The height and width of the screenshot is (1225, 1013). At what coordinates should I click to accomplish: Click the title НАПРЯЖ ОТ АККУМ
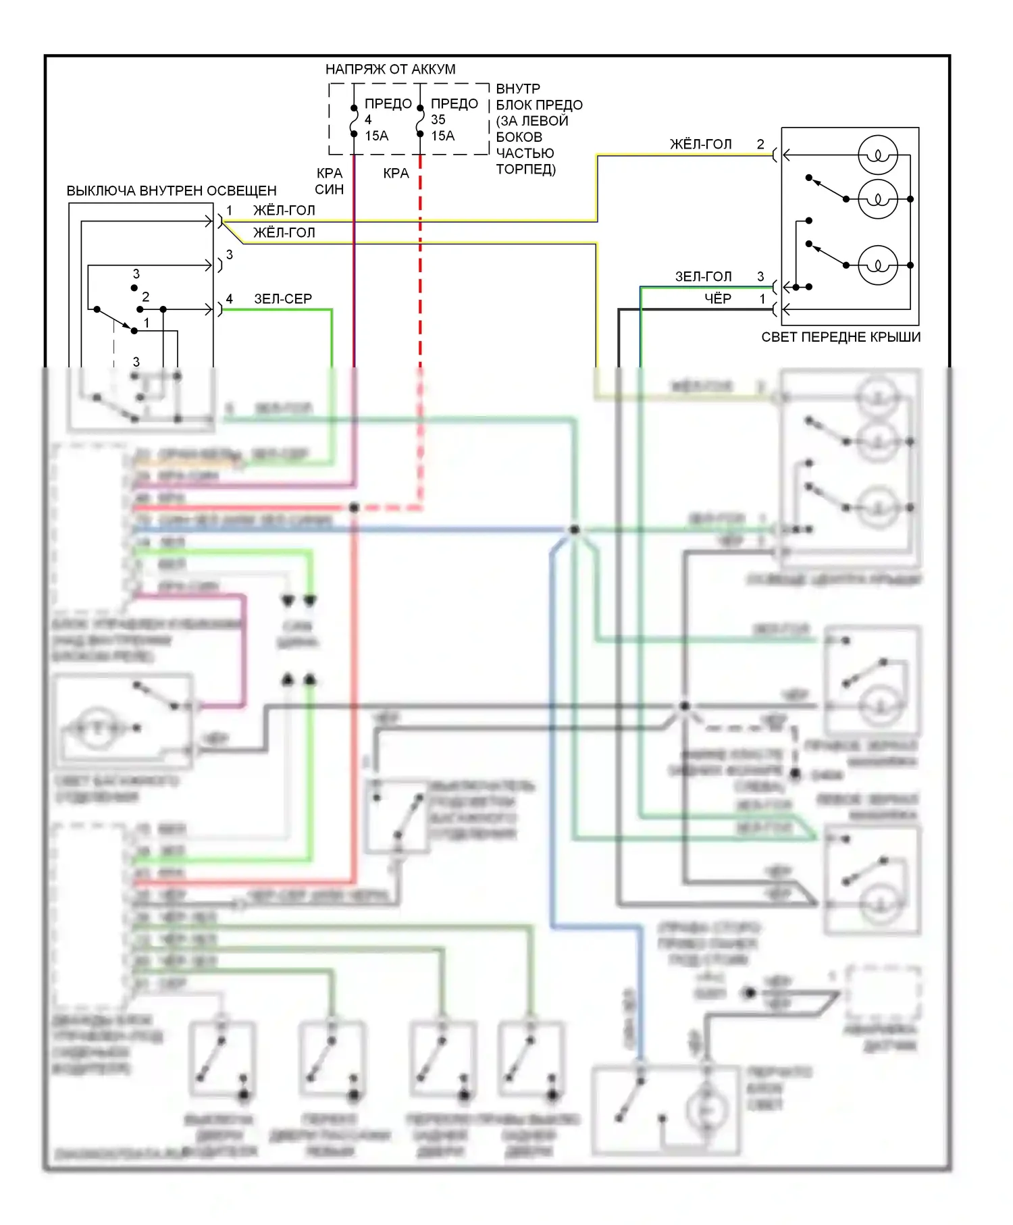click(390, 69)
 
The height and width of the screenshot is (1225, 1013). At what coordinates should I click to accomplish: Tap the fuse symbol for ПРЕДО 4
click(354, 121)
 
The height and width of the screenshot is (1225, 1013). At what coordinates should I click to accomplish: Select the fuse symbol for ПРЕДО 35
click(420, 121)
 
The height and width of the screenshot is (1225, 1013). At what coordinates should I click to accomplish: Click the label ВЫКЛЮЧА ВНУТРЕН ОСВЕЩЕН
click(172, 191)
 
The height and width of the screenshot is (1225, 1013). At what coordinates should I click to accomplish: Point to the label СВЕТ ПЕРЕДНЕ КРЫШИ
click(841, 337)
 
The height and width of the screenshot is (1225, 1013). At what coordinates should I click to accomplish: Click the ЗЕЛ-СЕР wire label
click(283, 298)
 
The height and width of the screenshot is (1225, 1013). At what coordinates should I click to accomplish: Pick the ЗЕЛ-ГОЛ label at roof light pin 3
click(703, 277)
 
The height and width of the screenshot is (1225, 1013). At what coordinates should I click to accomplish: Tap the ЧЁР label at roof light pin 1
click(717, 298)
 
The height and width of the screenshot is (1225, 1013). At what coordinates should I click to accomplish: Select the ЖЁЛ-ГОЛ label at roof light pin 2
click(700, 144)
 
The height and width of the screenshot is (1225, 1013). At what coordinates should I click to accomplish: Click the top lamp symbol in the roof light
click(877, 155)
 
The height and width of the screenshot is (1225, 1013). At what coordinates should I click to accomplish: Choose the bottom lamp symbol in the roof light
click(877, 265)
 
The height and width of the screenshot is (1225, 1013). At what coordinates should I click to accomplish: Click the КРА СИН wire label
click(330, 181)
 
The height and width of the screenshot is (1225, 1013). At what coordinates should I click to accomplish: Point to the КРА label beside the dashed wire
click(396, 174)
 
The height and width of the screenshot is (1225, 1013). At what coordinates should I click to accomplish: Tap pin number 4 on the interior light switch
click(230, 298)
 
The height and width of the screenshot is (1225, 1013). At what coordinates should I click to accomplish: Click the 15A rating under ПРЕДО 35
click(443, 136)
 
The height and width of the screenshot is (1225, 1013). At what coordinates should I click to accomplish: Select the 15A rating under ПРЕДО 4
click(377, 136)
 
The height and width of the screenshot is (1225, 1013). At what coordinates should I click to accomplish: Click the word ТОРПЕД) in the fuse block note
click(525, 170)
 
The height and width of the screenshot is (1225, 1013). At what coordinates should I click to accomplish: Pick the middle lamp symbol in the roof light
click(877, 199)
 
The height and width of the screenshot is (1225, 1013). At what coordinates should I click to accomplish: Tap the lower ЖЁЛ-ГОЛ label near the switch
click(284, 232)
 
